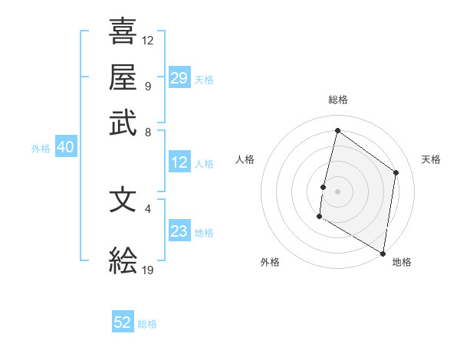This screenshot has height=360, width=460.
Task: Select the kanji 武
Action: tap(123, 123)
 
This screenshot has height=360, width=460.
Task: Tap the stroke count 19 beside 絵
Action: tap(148, 270)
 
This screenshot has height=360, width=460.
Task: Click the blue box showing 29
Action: tap(179, 77)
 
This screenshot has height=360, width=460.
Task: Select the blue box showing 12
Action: tap(179, 162)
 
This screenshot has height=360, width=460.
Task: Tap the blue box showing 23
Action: tap(179, 231)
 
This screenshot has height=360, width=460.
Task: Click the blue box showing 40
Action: tap(65, 147)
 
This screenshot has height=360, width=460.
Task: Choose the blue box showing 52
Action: tap(123, 322)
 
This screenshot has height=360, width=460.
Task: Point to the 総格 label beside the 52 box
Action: tap(147, 324)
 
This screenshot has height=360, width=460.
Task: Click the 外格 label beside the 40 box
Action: tap(41, 149)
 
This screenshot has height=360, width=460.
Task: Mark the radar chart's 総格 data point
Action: tap(337, 130)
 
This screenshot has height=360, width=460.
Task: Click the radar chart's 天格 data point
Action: tap(396, 172)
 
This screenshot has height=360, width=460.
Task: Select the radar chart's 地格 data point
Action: tap(383, 253)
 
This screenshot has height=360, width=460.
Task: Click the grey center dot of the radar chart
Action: tap(337, 191)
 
